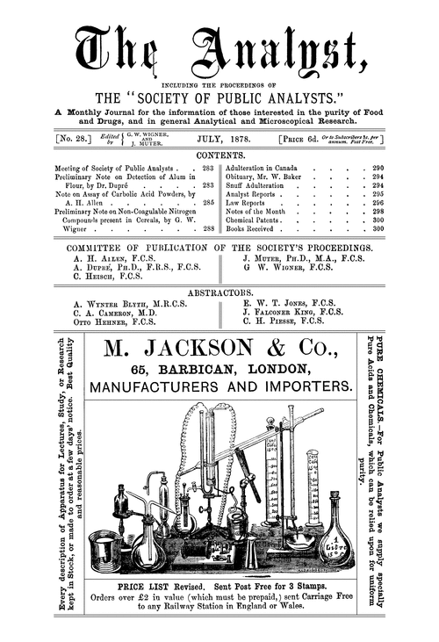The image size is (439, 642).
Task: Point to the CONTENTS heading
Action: point(219,155)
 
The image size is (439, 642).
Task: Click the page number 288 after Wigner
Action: point(208,228)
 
